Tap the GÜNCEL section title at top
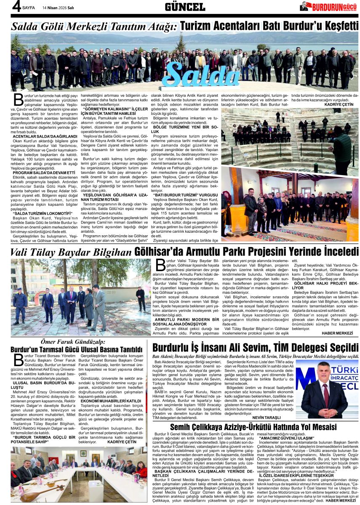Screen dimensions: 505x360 click(185, 6)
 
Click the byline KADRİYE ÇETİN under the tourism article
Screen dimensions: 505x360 click(339, 104)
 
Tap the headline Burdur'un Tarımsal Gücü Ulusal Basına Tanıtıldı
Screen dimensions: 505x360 click(76, 350)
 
